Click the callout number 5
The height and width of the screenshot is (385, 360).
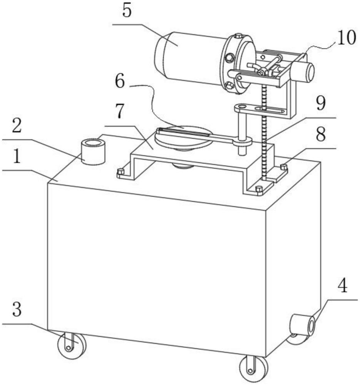pos(127,12)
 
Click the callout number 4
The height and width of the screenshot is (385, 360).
pos(342,286)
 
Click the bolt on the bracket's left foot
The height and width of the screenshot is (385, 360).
pos(121,172)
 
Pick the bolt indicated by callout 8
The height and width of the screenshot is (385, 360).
pos(284,167)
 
